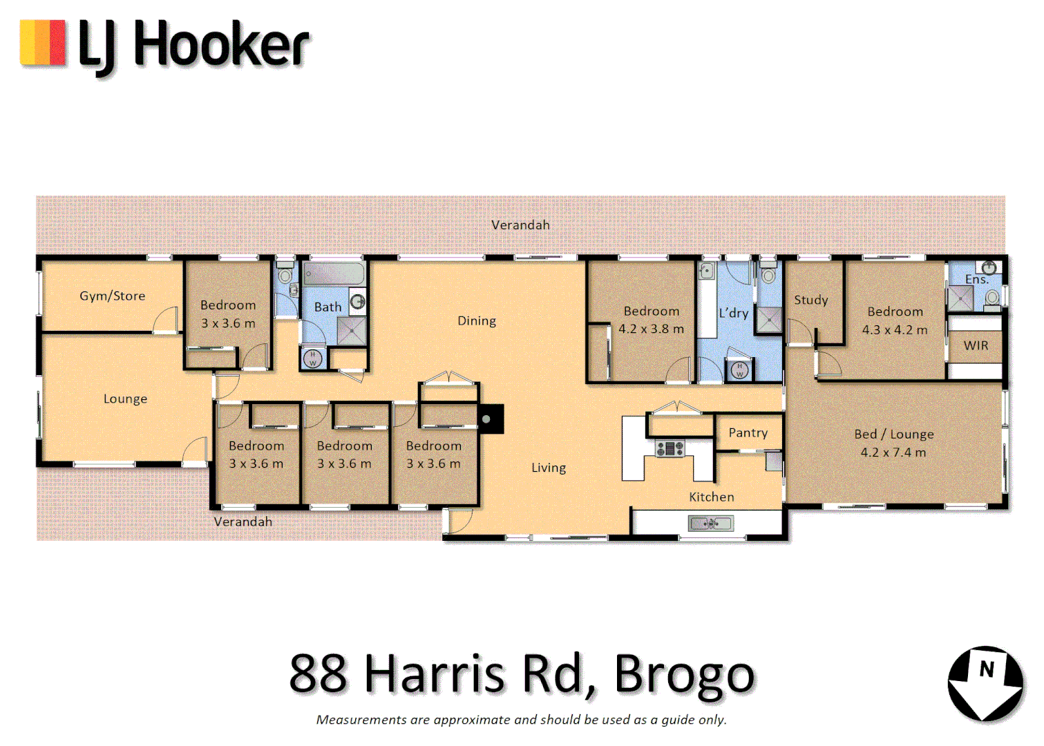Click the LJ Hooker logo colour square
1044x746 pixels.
43,43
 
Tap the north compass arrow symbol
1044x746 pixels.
985,683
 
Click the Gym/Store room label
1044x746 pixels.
112,296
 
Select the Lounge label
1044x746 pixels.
125,399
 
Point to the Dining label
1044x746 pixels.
477,321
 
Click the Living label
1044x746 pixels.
549,468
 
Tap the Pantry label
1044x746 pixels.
748,432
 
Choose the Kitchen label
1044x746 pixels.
711,497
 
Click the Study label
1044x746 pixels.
810,300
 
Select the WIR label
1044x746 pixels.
976,345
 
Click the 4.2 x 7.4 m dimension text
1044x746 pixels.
893,452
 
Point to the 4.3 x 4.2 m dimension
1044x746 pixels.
894,330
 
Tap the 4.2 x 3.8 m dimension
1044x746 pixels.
651,329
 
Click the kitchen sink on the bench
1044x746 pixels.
710,524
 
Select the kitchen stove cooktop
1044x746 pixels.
670,449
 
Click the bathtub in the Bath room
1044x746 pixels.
334,274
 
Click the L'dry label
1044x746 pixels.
733,313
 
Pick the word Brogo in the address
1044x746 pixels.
684,673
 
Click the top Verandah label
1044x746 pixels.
520,224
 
